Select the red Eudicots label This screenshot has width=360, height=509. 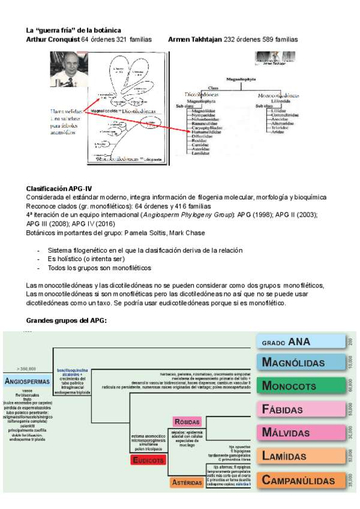click(149, 461)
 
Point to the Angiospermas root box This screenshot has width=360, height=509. click(28, 381)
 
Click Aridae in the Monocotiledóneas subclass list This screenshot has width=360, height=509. click(278, 131)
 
